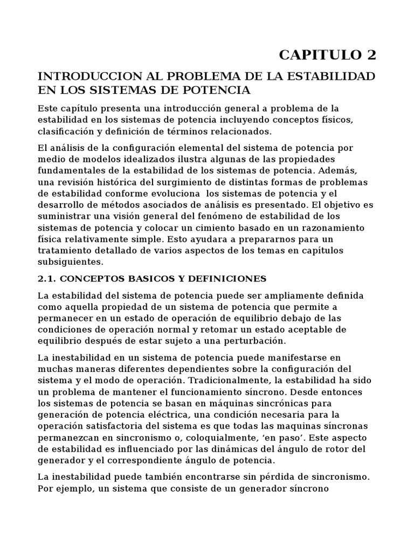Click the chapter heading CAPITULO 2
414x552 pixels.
pyautogui.click(x=327, y=55)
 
